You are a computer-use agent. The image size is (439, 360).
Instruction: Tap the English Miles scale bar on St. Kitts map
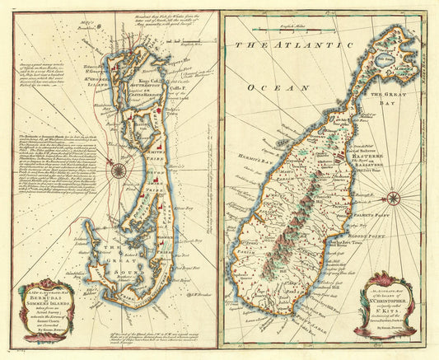coord(255,28)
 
